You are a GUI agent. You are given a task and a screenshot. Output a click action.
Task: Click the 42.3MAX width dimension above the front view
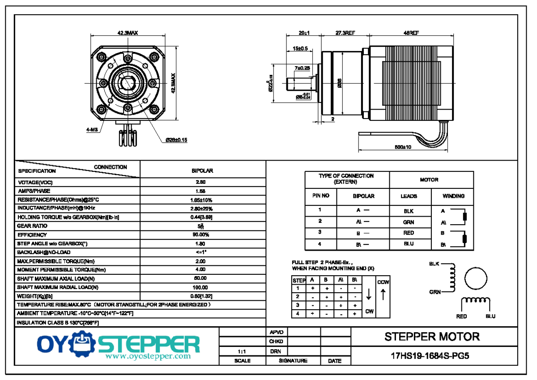coord(128,33)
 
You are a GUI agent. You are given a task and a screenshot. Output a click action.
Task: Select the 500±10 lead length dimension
coord(403,147)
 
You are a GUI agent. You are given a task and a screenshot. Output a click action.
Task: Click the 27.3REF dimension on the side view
coord(345,33)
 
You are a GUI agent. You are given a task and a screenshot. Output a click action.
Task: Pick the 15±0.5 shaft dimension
coord(300,48)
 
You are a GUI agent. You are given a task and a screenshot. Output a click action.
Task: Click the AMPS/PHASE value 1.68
coord(201,191)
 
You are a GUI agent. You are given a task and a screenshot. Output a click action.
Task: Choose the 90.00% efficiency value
coord(201,235)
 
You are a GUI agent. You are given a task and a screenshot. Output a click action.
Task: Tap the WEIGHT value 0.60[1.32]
coord(201,296)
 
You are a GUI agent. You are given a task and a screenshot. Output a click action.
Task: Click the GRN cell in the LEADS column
coord(409,222)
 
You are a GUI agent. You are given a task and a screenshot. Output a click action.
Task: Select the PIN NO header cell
coord(320,196)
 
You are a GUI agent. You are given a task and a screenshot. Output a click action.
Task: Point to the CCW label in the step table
coord(383,282)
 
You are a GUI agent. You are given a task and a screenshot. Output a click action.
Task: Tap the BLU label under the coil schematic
coord(490,316)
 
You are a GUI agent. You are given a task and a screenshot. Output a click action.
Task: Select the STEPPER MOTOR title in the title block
coord(432,337)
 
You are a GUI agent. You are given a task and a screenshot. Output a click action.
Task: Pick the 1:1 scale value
coord(243,352)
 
